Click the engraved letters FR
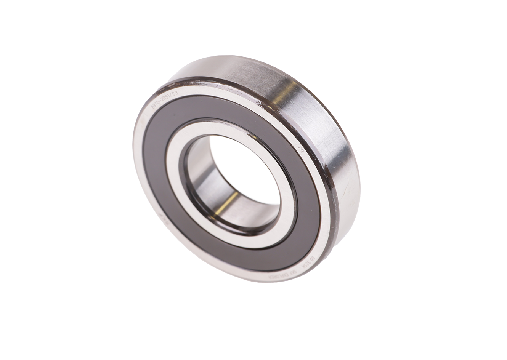(300, 149)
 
